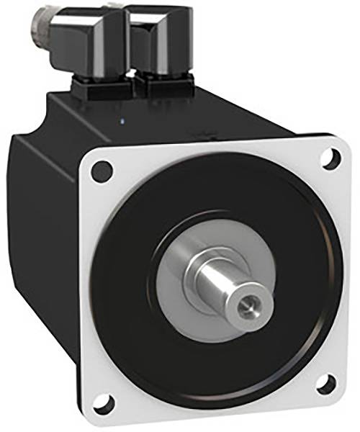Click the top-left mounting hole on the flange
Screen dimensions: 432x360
(103, 171)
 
